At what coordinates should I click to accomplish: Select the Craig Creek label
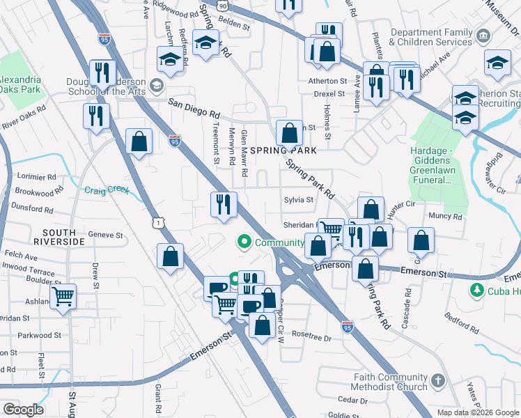pos(107,190)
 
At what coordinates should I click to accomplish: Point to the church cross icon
pos(437,380)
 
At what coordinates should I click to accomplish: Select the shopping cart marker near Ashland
pos(63,296)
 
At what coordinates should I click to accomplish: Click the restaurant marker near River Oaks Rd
pos(95,116)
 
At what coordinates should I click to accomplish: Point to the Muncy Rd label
pos(446,217)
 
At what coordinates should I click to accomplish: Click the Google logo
pos(24,410)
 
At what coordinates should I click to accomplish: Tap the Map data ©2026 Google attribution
pos(477,412)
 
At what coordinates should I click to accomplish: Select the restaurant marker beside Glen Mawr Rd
pos(224,204)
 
